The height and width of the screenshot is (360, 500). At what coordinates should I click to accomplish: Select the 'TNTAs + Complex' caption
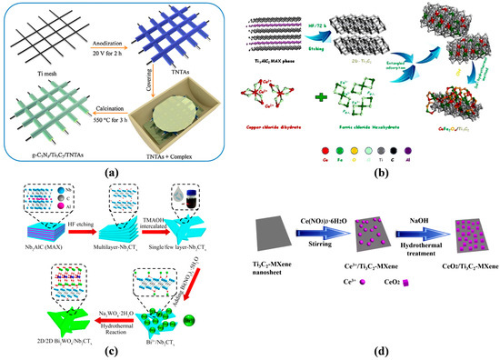pyautogui.click(x=192, y=145)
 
